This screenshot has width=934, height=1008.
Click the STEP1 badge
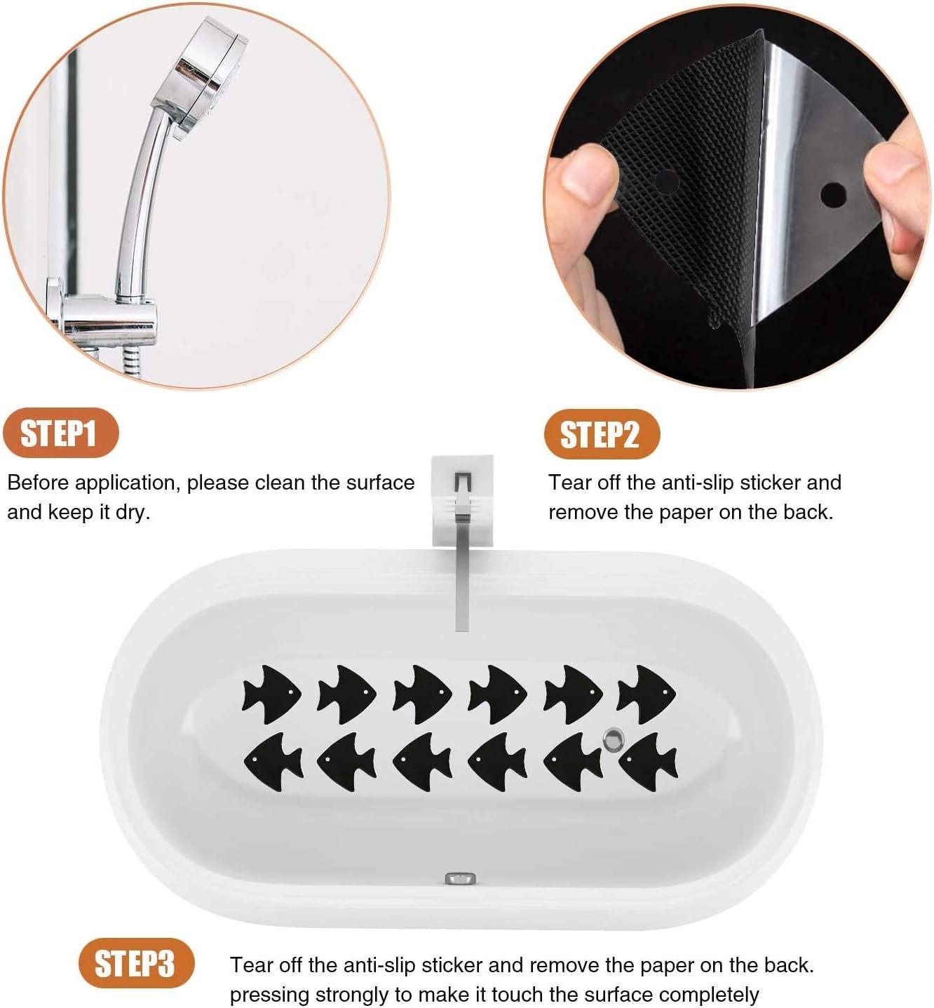[61, 433]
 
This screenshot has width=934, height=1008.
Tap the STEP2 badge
[602, 434]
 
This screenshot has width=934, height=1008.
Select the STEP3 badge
[137, 963]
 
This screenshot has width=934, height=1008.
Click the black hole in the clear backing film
[833, 195]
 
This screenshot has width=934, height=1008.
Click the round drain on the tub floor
[614, 739]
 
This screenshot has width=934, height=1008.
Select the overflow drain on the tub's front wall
[461, 878]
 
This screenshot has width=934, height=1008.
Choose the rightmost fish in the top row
[647, 694]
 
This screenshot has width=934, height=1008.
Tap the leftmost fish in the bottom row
[273, 762]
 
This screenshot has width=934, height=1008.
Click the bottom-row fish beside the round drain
[648, 762]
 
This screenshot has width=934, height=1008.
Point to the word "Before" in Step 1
[38, 482]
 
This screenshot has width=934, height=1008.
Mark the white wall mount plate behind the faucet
[462, 500]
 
